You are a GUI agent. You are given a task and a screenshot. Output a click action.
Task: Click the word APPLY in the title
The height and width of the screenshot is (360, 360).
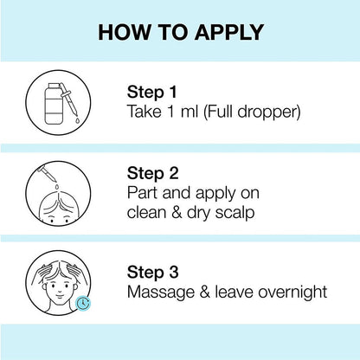[229, 32]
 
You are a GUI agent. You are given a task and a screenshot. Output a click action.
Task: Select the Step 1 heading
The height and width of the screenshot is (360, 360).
[151, 93]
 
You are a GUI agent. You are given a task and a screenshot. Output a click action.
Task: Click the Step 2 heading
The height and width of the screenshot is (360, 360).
[153, 174]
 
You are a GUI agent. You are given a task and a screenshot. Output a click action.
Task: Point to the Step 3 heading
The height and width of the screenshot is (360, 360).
[153, 273]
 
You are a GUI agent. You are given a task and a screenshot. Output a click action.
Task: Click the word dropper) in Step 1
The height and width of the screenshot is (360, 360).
[269, 112]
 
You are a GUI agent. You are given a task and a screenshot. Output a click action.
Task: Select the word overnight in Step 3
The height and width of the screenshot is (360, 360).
[292, 292]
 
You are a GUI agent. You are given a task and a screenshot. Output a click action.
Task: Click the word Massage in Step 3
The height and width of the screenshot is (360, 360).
[161, 292]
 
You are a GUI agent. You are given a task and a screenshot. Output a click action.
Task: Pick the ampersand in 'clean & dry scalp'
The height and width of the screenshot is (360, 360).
[177, 213]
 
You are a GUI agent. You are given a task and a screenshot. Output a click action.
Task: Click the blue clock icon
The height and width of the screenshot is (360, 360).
[83, 303]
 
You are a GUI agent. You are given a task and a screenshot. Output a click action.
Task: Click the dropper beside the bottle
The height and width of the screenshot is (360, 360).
[71, 100]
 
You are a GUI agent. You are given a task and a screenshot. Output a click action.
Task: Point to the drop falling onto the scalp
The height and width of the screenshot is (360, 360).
[57, 187]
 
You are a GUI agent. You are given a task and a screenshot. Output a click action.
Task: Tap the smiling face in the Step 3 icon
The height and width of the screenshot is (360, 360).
[59, 288]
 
